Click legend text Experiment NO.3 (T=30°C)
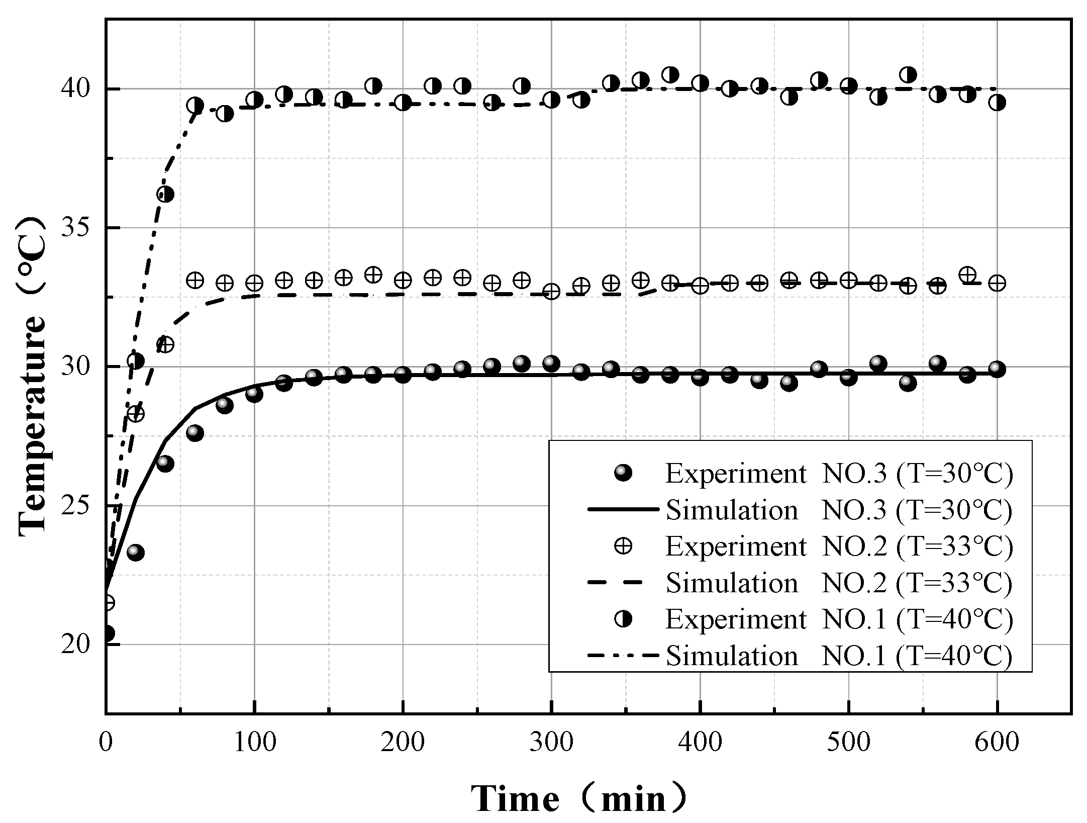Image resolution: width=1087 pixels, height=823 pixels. (839, 474)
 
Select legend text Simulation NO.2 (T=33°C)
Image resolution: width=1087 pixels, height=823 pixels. (839, 583)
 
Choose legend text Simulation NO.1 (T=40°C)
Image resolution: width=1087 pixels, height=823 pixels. (839, 656)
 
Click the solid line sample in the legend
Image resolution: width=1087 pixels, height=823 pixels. (623, 510)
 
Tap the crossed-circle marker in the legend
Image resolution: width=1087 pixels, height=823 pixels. (623, 546)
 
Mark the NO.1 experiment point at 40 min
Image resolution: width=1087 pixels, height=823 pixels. (165, 194)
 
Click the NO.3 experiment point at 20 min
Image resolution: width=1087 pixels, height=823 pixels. (136, 553)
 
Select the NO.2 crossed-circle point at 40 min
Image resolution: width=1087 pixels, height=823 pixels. (165, 344)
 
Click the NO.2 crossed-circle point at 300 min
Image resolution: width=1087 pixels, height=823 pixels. (551, 292)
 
